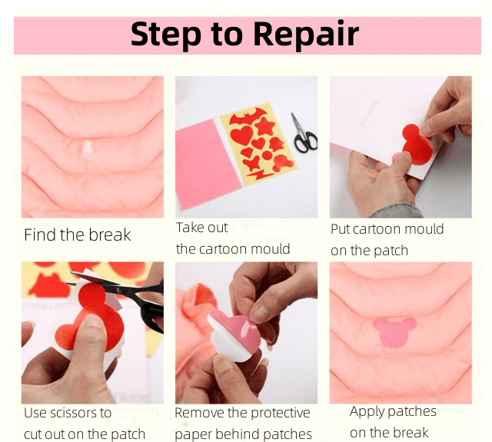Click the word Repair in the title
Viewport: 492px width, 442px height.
(x=306, y=34)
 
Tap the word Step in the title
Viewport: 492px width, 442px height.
(x=166, y=35)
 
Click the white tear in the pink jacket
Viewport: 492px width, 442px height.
(x=87, y=149)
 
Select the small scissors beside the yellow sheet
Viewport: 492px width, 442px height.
(x=304, y=133)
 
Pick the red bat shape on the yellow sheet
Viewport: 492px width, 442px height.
(x=248, y=116)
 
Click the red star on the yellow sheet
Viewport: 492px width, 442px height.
(x=264, y=126)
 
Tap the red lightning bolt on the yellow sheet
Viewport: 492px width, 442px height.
(x=259, y=174)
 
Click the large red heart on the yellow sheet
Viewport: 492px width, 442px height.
(x=241, y=135)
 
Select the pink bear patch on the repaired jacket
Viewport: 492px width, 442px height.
(x=394, y=332)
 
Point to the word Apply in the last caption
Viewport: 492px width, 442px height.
(x=364, y=412)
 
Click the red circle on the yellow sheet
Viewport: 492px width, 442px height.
(x=267, y=155)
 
